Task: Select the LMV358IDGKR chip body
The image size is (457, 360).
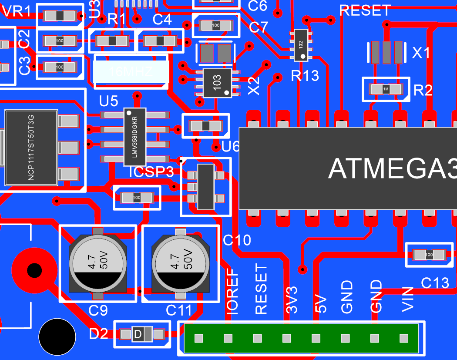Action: coord(135,137)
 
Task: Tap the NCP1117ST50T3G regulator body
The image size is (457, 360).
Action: coord(31,147)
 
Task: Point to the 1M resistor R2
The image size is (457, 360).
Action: coord(386,89)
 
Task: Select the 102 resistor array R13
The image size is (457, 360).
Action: coord(301,45)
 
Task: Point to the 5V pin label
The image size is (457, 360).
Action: coord(320,303)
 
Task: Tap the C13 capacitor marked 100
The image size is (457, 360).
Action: coord(429,255)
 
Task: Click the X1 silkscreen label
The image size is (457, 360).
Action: coord(421,53)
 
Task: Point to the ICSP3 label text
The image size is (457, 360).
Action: coord(151,172)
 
